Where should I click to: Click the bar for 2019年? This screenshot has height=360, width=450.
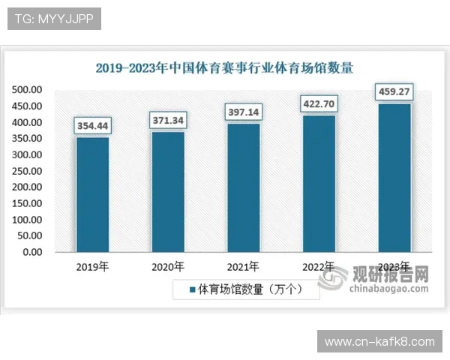[92, 194]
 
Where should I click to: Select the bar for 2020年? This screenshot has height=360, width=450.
[168, 191]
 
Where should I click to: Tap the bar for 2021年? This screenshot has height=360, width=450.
[244, 187]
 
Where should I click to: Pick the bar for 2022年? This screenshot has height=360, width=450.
[319, 183]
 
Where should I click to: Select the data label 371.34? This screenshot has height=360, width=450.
[168, 121]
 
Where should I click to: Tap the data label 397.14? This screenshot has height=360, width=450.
[244, 112]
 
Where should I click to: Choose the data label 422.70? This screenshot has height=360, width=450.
[319, 103]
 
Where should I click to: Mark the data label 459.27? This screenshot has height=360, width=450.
[394, 92]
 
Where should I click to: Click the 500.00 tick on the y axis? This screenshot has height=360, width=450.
[27, 90]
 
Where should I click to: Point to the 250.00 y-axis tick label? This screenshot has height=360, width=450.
[27, 171]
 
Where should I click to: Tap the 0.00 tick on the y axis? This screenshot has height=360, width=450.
[31, 252]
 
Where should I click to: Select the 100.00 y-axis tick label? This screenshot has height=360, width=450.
[27, 220]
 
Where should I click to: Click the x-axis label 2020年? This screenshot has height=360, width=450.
[168, 266]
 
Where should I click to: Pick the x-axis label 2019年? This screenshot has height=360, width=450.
[92, 266]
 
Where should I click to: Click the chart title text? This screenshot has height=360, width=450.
[224, 67]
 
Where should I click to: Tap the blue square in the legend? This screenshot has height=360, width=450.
[192, 289]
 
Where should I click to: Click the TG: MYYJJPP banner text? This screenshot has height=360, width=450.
[54, 19]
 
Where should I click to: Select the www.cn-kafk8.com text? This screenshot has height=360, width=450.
[379, 342]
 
